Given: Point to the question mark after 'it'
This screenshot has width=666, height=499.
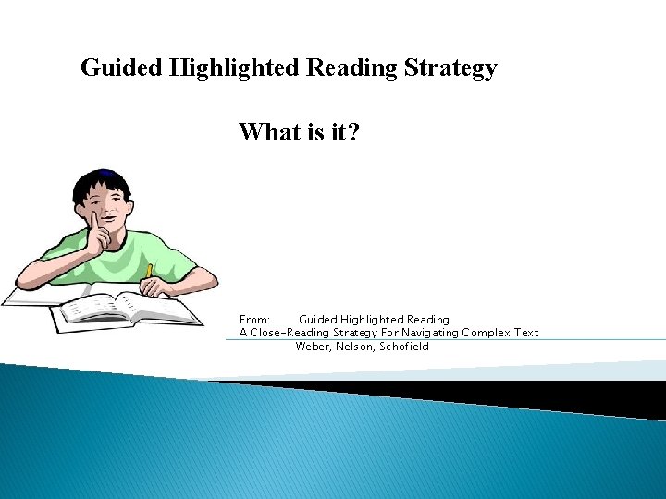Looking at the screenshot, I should (354, 133).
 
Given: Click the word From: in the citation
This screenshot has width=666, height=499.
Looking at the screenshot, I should (254, 320).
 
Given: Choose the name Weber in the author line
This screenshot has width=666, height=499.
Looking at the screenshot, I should (314, 347).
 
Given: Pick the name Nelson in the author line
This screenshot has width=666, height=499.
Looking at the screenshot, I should (355, 347).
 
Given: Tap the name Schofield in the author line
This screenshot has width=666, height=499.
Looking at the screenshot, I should (404, 347).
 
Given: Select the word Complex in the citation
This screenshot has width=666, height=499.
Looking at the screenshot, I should (487, 333).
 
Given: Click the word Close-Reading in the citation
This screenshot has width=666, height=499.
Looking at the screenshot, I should (288, 333).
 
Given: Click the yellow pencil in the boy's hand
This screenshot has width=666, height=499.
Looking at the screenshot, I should (148, 272).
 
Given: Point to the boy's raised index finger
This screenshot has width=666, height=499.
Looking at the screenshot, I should (92, 222).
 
